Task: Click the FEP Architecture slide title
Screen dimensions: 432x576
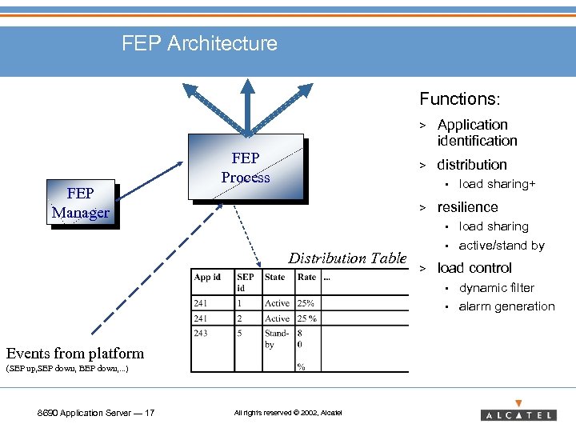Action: coord(199,43)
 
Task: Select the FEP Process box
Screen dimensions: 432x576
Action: coord(246,167)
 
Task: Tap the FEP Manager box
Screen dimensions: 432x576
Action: coord(80,203)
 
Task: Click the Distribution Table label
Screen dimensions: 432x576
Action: coord(347,258)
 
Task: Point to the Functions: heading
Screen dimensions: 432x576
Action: coord(460,99)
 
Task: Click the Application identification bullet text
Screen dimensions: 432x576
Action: coord(477,133)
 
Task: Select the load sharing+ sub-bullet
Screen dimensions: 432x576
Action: coord(497,184)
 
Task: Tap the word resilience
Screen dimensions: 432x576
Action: coord(467,207)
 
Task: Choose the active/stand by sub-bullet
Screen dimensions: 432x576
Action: coord(502,246)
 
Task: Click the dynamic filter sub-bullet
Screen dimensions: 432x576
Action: coord(496,288)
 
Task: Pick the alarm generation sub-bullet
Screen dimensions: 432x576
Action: coord(506,306)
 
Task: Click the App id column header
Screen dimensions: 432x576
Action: coord(207,278)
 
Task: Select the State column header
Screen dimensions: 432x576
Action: coord(275,278)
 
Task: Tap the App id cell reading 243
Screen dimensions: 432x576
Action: coord(200,333)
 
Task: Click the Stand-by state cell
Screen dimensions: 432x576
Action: coord(277,338)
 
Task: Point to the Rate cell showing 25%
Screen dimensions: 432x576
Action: coord(306,303)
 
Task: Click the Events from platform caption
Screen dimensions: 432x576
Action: coord(75,353)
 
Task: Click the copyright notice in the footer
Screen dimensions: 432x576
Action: coord(287,413)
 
